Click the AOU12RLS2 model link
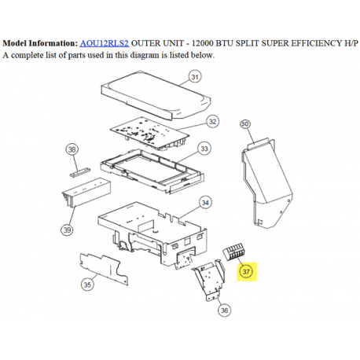(x=104, y=43)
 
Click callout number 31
(x=195, y=77)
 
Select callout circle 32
(x=212, y=121)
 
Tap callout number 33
(x=204, y=149)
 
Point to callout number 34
(x=206, y=202)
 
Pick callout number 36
(x=225, y=310)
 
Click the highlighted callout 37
(x=246, y=272)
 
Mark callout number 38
(x=72, y=149)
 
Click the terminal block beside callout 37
(x=233, y=255)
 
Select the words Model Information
(x=39, y=43)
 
